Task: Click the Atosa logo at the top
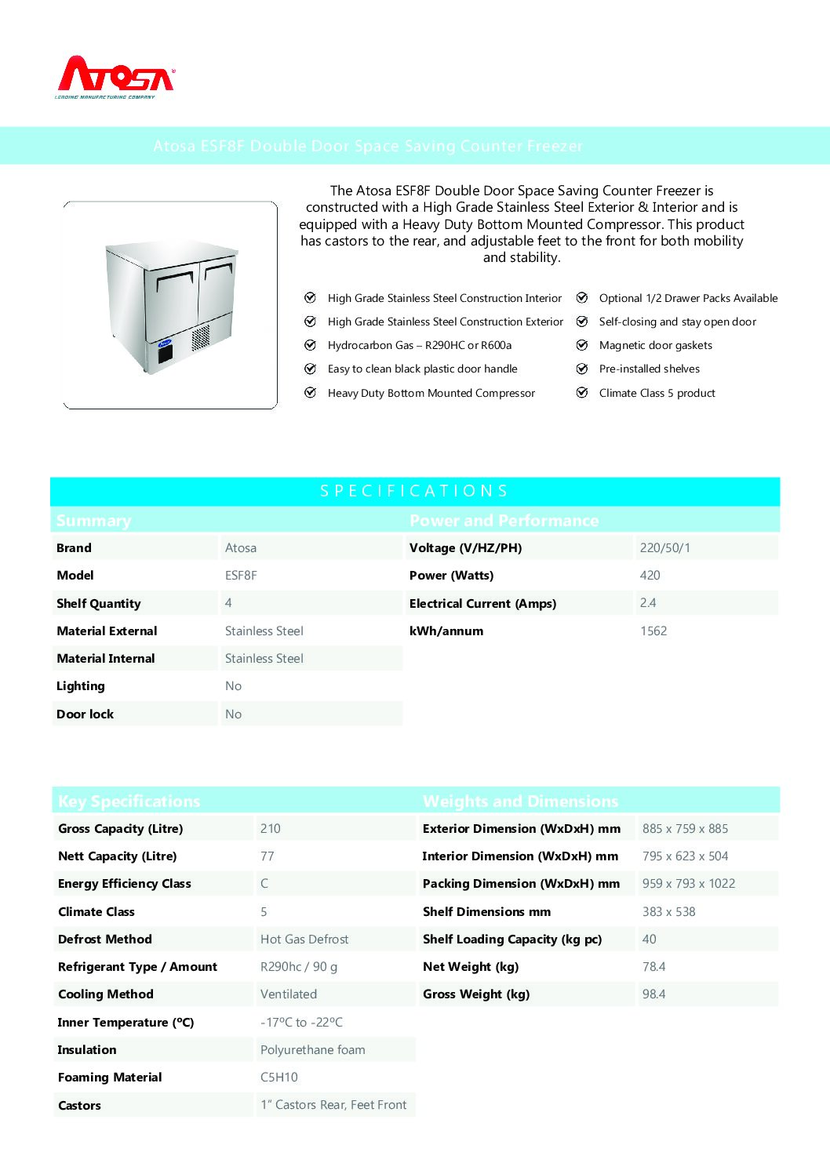[115, 77]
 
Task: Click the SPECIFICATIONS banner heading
[414, 491]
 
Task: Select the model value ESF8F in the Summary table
[241, 576]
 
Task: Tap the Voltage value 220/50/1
[664, 548]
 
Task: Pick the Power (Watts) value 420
[650, 576]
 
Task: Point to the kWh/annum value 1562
[653, 631]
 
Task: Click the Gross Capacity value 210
[270, 829]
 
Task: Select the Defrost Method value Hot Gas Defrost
[304, 940]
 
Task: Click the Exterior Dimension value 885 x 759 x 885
[685, 829]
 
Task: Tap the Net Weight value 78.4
[653, 967]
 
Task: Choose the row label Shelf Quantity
[98, 604]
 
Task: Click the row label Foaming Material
[110, 1078]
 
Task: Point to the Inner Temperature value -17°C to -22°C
[301, 1023]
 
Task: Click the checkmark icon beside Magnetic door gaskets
[582, 345]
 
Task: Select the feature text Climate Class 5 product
[657, 393]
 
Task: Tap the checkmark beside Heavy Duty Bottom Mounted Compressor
[310, 393]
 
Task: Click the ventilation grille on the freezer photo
[201, 336]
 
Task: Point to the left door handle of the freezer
[173, 277]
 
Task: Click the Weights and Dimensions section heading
[520, 801]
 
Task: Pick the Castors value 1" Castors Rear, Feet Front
[333, 1105]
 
